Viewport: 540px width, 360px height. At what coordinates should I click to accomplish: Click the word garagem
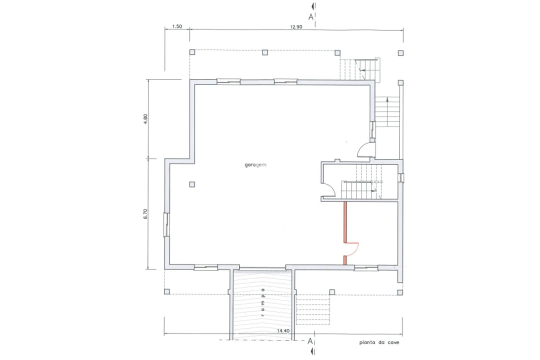click(x=255, y=165)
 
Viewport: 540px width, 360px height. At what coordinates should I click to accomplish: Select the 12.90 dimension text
click(x=296, y=27)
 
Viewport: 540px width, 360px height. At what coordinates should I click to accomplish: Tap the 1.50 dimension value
click(x=177, y=26)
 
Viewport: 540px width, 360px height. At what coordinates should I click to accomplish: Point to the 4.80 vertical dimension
click(x=145, y=119)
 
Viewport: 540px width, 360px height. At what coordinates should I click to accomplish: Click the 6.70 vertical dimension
click(x=145, y=214)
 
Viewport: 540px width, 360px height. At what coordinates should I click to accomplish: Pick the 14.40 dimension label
click(x=283, y=330)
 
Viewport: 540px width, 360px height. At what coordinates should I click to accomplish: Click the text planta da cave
click(x=379, y=342)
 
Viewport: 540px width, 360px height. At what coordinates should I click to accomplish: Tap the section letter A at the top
click(x=311, y=17)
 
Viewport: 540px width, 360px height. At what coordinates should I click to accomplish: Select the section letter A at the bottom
click(x=310, y=341)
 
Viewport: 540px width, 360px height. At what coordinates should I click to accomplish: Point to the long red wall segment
click(x=345, y=222)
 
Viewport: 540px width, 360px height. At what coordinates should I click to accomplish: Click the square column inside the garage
click(x=192, y=184)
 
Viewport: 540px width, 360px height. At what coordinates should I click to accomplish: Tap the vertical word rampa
click(x=263, y=302)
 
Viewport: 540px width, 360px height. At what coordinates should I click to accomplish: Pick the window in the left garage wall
click(x=166, y=224)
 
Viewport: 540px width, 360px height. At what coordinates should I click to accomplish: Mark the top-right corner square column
click(x=400, y=53)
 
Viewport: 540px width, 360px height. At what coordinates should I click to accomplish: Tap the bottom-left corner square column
click(x=166, y=291)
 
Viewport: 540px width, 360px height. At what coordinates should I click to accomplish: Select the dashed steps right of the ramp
click(x=312, y=309)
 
